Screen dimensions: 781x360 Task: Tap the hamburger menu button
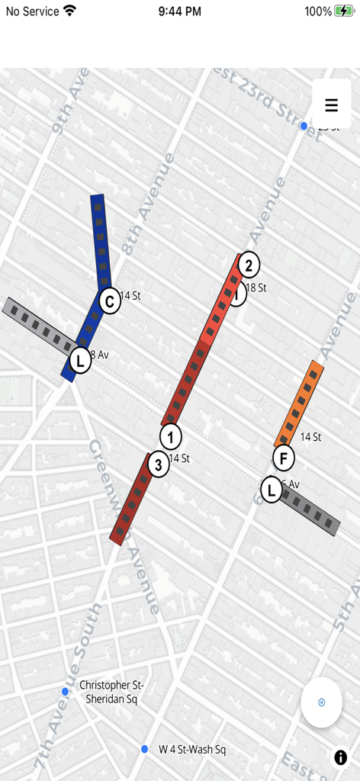click(332, 105)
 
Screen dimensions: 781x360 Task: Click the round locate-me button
click(321, 702)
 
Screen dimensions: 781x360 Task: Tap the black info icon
click(340, 757)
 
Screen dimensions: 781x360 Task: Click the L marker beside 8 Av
click(79, 359)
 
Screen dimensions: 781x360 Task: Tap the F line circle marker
click(283, 458)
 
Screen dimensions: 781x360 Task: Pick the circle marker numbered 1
click(171, 437)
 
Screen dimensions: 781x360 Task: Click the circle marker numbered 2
click(248, 265)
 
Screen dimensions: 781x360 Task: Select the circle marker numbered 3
click(158, 464)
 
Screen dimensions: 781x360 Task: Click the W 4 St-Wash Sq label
click(192, 750)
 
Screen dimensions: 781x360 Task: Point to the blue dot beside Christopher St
click(66, 692)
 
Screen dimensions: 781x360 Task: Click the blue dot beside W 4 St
click(144, 750)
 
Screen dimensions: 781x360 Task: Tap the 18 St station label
click(256, 288)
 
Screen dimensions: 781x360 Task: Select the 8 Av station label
click(99, 355)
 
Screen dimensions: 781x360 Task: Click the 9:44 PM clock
click(180, 11)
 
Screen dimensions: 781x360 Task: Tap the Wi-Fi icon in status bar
click(70, 11)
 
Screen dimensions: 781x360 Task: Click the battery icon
click(342, 11)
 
